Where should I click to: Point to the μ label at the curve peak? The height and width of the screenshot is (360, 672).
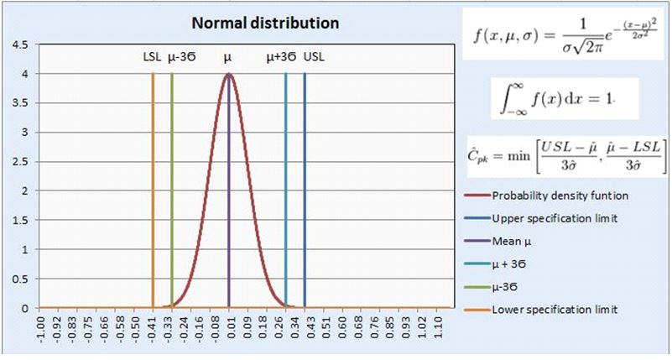[228, 58]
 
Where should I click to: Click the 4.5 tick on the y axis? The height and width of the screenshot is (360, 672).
[18, 44]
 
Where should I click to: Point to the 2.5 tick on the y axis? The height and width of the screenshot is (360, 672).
[18, 161]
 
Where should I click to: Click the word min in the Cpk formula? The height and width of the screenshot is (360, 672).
[524, 156]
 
